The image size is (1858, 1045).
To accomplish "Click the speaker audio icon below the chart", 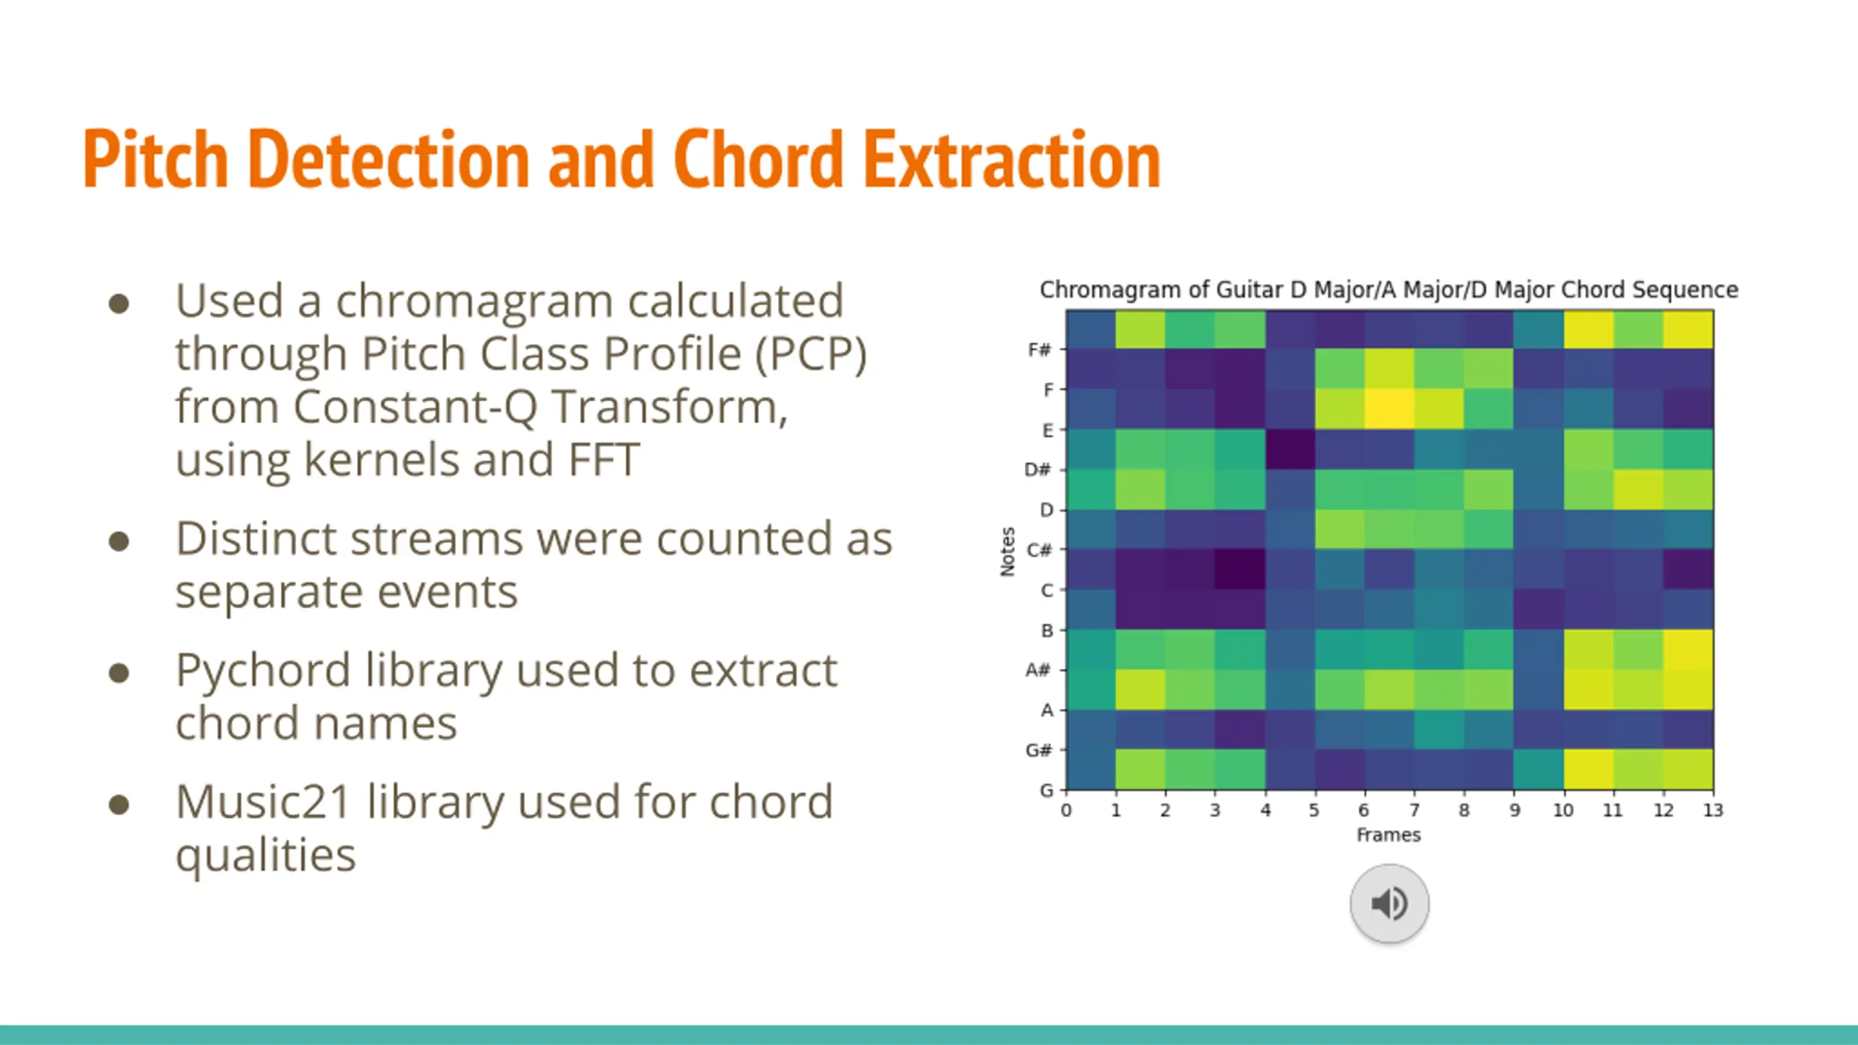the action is pos(1389,903).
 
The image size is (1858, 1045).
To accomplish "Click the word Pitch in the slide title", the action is pos(156,159).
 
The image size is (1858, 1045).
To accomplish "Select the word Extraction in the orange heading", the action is pos(1012,159).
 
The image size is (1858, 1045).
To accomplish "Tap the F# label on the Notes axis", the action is pos(1039,350).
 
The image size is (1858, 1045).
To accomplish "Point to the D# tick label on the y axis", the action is pos(1037,470).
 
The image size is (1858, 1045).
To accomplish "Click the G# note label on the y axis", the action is pos(1038,750).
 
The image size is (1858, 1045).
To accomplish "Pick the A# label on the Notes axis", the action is pos(1038,670).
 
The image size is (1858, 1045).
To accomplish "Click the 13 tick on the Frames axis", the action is pos(1713,810).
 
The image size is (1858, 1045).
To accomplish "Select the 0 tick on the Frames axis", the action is pos(1065,810).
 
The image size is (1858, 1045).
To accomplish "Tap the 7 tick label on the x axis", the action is pos(1414,810).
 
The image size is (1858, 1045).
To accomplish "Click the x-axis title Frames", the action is pos(1388,835).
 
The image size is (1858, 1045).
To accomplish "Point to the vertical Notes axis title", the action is pos(1007,552).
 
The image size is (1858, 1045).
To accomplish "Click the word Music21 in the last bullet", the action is pos(264,802).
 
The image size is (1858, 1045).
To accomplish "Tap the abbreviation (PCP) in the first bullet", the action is pos(811,355).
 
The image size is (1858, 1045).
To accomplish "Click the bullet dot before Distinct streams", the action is pos(119,541).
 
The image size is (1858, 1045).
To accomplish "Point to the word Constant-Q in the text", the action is pos(415,406).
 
